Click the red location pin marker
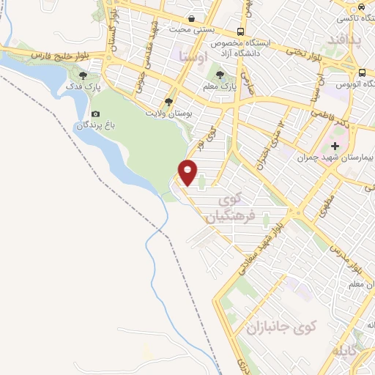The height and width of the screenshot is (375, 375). tap(188, 173)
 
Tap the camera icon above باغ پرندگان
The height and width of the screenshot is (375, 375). tap(96, 114)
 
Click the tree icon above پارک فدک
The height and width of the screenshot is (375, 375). tap(84, 75)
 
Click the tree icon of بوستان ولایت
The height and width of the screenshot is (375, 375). tap(169, 102)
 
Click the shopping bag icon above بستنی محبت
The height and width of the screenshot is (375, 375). tap(192, 18)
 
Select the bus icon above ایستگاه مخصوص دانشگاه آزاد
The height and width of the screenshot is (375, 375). tap(241, 31)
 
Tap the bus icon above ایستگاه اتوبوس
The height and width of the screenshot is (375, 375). tap(363, 72)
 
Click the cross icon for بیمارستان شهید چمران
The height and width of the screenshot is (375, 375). tap(335, 145)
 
